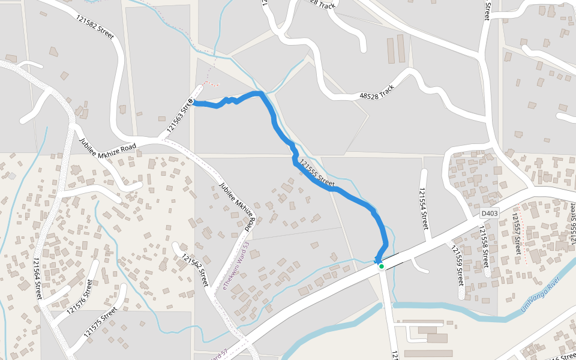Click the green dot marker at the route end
tap(381, 266)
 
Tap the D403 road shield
tap(490, 213)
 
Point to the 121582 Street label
tap(95, 28)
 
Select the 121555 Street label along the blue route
tap(316, 173)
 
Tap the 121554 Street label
tap(424, 209)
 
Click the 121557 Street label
tap(516, 232)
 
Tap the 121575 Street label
tap(101, 322)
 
